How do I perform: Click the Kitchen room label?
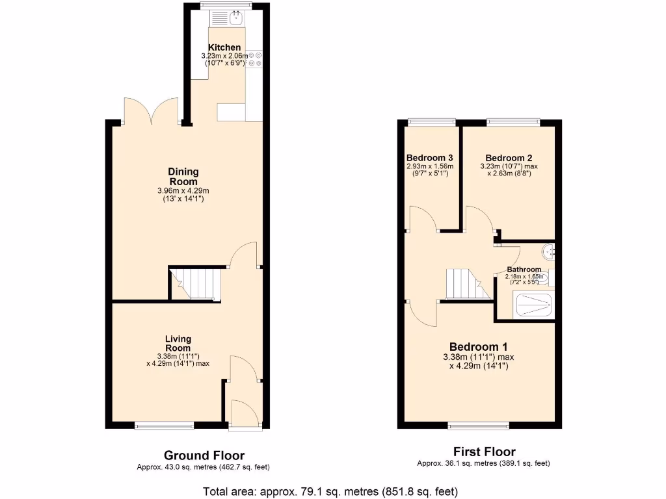pos(224,47)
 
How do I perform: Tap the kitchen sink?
pos(235,18)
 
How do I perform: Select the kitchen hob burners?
pos(254,59)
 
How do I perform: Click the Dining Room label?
pos(183,177)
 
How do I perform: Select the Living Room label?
pos(178,343)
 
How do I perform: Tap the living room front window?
pos(165,426)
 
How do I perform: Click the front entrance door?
pos(245,416)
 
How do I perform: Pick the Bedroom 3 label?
pos(429,158)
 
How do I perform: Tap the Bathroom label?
pos(524,270)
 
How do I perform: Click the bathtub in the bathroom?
pos(532,305)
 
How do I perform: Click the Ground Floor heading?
pos(204,455)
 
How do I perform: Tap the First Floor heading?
pos(484,452)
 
